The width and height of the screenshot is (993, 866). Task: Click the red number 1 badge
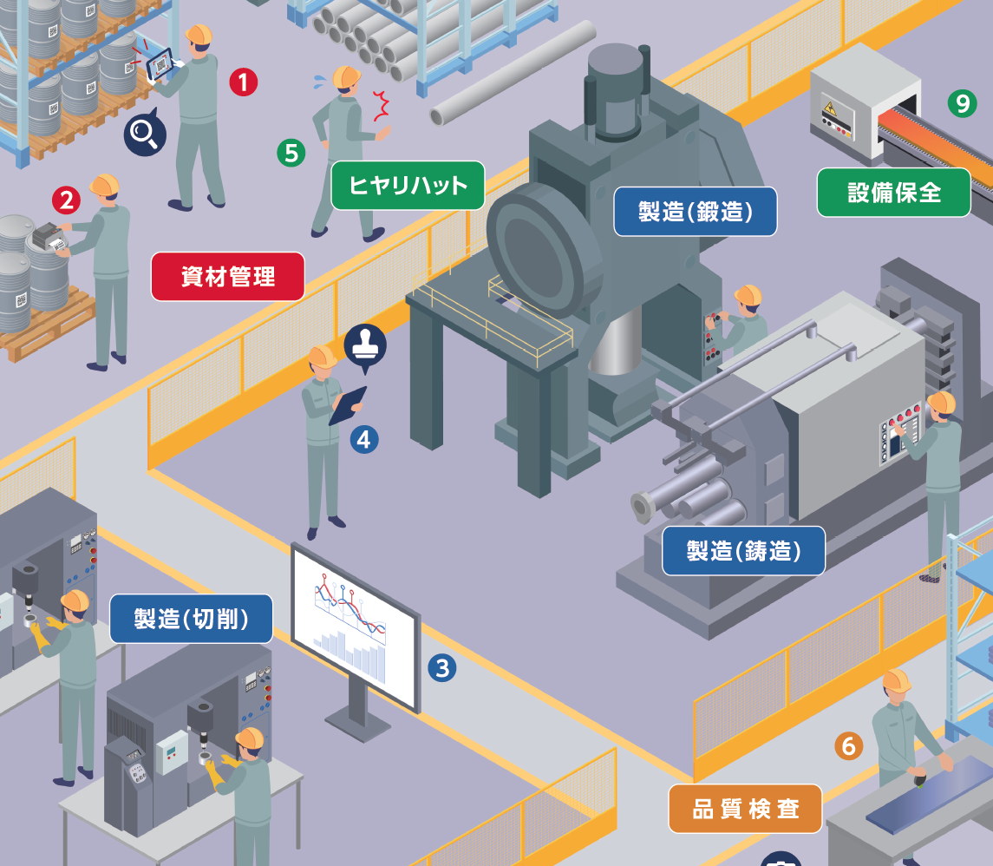(244, 82)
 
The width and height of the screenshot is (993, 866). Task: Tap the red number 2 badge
(66, 200)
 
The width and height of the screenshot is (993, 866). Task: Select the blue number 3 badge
(442, 668)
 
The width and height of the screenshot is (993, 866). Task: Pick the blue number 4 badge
(363, 439)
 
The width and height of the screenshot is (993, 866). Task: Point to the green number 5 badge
(291, 153)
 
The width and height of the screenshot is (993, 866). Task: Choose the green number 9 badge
(962, 103)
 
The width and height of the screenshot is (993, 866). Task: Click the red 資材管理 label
(228, 277)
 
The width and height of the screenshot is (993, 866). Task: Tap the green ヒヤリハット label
(408, 185)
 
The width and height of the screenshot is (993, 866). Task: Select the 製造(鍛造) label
(695, 212)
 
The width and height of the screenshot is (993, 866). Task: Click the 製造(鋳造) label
(743, 550)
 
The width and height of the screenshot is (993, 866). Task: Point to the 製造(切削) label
(192, 619)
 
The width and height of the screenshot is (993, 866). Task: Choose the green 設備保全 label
(893, 192)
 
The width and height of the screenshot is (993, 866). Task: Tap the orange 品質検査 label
(745, 809)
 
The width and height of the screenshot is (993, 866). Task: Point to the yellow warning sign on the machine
(828, 108)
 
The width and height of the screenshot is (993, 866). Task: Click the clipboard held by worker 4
(348, 404)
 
